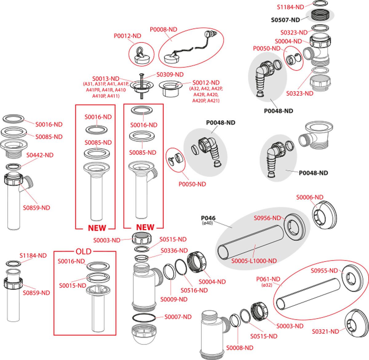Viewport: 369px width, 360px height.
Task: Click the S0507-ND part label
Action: pyautogui.click(x=285, y=20)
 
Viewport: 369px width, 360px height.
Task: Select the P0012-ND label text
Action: pyautogui.click(x=127, y=36)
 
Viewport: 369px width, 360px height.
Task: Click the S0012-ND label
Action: pyautogui.click(x=206, y=83)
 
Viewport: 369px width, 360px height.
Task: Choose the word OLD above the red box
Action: pyautogui.click(x=84, y=251)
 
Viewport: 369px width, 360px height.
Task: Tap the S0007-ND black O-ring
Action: pyautogui.click(x=144, y=318)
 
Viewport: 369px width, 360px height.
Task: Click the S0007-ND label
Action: pyautogui.click(x=178, y=317)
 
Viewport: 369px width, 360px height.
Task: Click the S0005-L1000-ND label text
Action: pyautogui.click(x=254, y=261)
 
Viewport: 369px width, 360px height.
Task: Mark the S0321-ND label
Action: pyautogui.click(x=325, y=331)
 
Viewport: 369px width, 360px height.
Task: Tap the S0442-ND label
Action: pyautogui.click(x=40, y=155)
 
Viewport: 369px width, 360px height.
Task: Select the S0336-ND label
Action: pyautogui.click(x=174, y=251)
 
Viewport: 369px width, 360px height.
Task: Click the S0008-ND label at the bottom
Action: pyautogui.click(x=240, y=348)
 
